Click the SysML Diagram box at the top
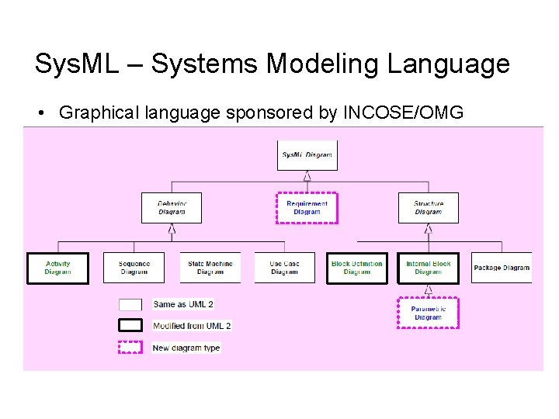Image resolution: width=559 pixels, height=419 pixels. (307, 155)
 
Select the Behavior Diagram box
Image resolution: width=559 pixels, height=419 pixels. (172, 208)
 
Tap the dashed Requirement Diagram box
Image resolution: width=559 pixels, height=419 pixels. (307, 208)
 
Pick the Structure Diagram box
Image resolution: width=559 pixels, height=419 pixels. (428, 208)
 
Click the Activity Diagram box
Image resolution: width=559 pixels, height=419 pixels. (57, 268)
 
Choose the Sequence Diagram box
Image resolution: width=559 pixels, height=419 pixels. (134, 268)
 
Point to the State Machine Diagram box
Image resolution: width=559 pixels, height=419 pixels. (210, 268)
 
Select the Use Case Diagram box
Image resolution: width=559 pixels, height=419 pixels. (284, 268)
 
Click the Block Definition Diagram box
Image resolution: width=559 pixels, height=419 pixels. (356, 268)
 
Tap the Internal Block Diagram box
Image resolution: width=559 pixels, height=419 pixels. (428, 268)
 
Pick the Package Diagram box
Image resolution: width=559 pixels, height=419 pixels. (502, 268)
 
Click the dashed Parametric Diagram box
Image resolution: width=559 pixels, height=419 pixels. (428, 313)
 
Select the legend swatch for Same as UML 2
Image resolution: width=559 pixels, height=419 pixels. (130, 305)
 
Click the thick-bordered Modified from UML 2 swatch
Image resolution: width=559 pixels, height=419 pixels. (130, 325)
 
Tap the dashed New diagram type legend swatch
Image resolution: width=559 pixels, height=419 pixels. (130, 347)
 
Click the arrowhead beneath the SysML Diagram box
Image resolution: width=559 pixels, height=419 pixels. (307, 176)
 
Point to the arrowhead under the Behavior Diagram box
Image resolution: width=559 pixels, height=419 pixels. (172, 229)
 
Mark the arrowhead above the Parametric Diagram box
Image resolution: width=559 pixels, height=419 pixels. (428, 290)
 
